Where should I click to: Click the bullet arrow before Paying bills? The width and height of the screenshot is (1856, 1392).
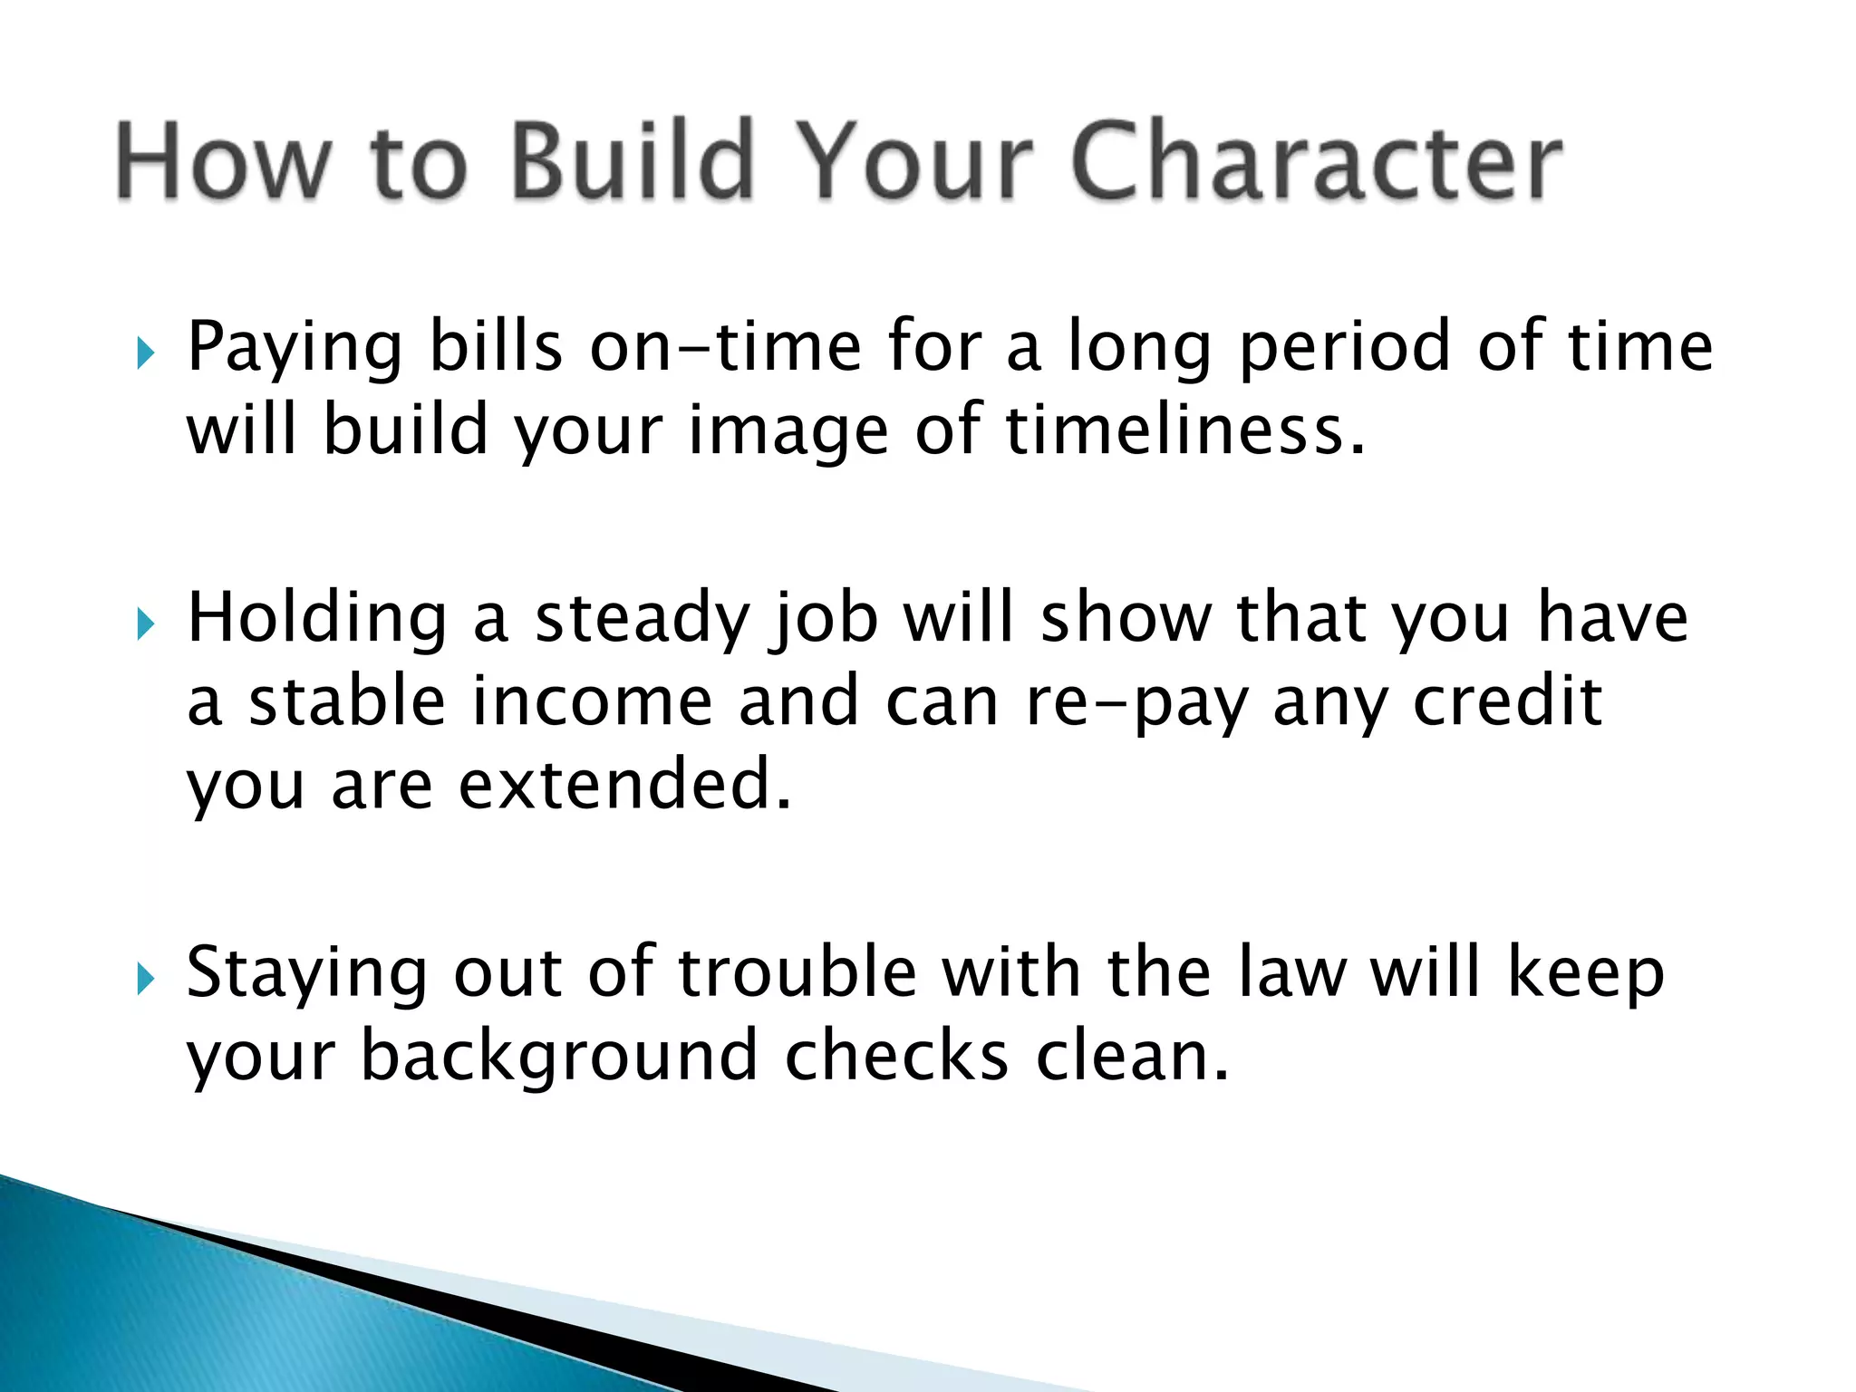145,353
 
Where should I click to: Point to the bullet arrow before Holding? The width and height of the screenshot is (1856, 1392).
145,623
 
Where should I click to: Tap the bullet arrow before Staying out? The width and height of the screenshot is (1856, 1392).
145,979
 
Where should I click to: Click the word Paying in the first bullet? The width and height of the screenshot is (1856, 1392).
295,349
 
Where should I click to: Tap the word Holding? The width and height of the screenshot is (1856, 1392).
317,619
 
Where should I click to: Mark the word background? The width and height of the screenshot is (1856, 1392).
558,1058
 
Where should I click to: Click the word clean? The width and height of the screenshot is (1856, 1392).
1132,1057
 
